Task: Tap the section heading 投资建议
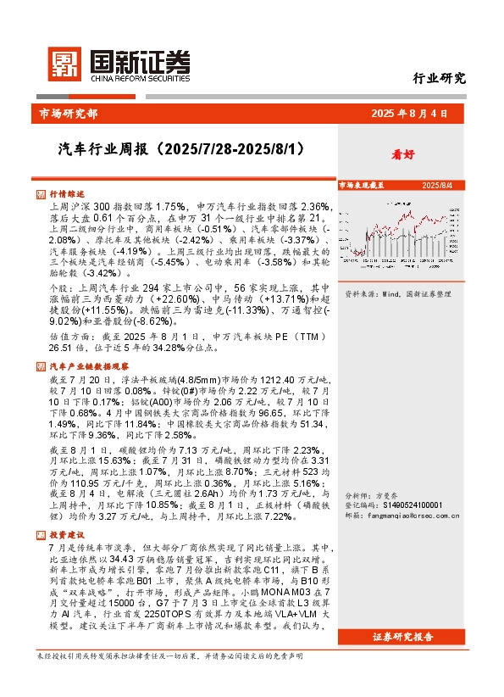pyautogui.click(x=67, y=535)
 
